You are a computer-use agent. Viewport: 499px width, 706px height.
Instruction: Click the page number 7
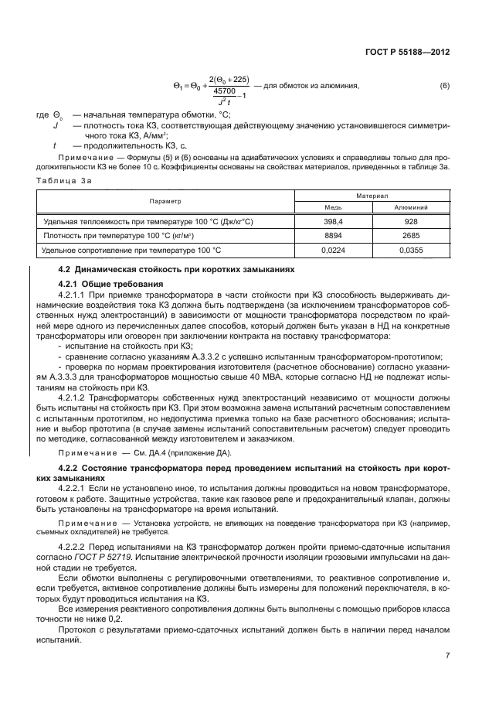[447, 655]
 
